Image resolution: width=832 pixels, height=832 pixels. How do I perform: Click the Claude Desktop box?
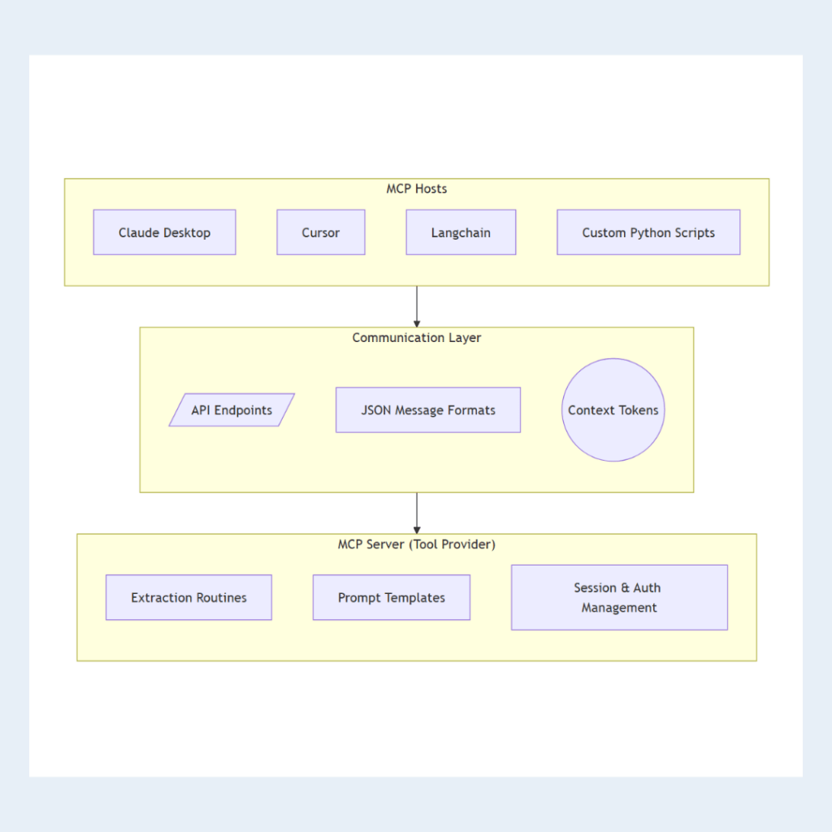[164, 232]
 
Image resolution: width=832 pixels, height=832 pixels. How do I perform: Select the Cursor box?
[320, 232]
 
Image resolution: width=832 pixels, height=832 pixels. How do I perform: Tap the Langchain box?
[461, 232]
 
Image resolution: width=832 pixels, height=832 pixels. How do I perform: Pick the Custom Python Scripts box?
[648, 232]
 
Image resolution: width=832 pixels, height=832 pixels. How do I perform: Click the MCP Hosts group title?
[416, 188]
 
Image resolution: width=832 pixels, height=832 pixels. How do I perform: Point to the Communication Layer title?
[416, 337]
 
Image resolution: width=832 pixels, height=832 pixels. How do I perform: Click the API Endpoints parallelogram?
[232, 410]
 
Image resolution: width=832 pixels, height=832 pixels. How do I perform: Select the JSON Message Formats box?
[428, 410]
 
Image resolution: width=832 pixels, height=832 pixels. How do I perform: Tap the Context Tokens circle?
[613, 410]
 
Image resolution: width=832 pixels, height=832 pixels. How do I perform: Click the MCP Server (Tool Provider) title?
[416, 544]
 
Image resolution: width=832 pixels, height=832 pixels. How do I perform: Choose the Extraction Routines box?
[188, 597]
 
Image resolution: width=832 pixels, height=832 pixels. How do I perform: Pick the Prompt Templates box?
[392, 597]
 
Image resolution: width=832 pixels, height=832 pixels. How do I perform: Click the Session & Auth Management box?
[619, 597]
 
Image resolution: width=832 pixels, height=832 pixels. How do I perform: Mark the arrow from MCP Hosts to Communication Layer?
[417, 307]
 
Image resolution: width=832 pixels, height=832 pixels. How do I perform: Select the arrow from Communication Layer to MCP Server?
[417, 513]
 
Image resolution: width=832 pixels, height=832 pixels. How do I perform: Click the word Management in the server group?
[619, 608]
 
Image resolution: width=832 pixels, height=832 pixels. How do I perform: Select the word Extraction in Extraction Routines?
[160, 597]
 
